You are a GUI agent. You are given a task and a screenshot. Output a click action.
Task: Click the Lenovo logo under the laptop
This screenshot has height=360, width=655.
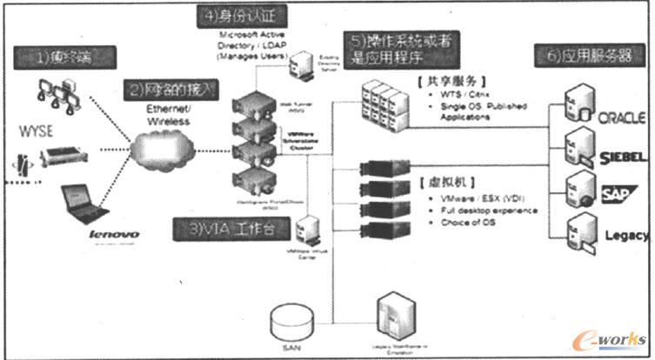click(90, 234)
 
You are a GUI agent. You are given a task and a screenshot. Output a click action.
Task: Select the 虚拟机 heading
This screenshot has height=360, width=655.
click(444, 184)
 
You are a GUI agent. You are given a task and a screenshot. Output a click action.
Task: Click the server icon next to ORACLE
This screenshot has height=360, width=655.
click(579, 102)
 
